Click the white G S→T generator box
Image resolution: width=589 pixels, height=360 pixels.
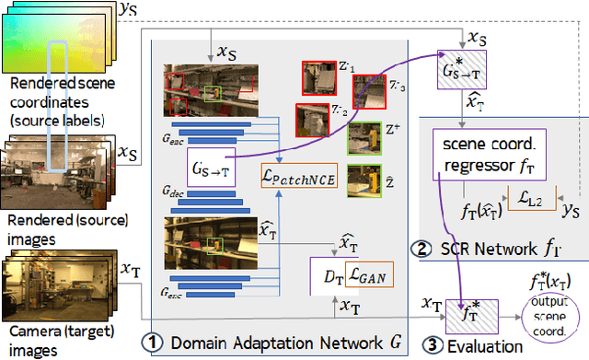point(212,168)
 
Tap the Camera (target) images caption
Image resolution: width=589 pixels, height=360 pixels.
point(50,341)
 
